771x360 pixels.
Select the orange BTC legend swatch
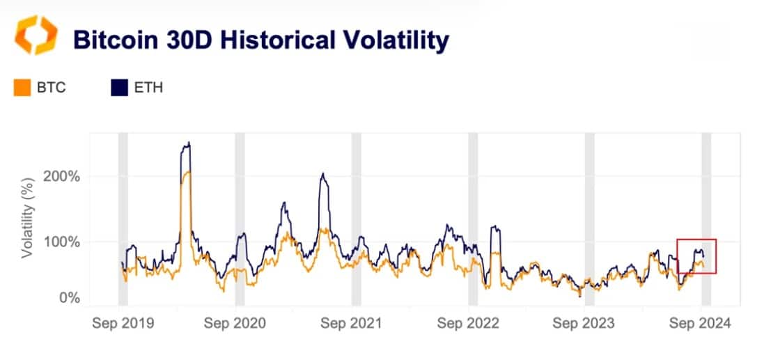tap(22, 88)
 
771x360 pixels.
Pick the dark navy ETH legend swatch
tap(119, 88)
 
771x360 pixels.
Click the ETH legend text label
tap(148, 88)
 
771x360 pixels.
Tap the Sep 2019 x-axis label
tap(123, 324)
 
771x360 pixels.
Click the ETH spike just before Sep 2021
tap(322, 175)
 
